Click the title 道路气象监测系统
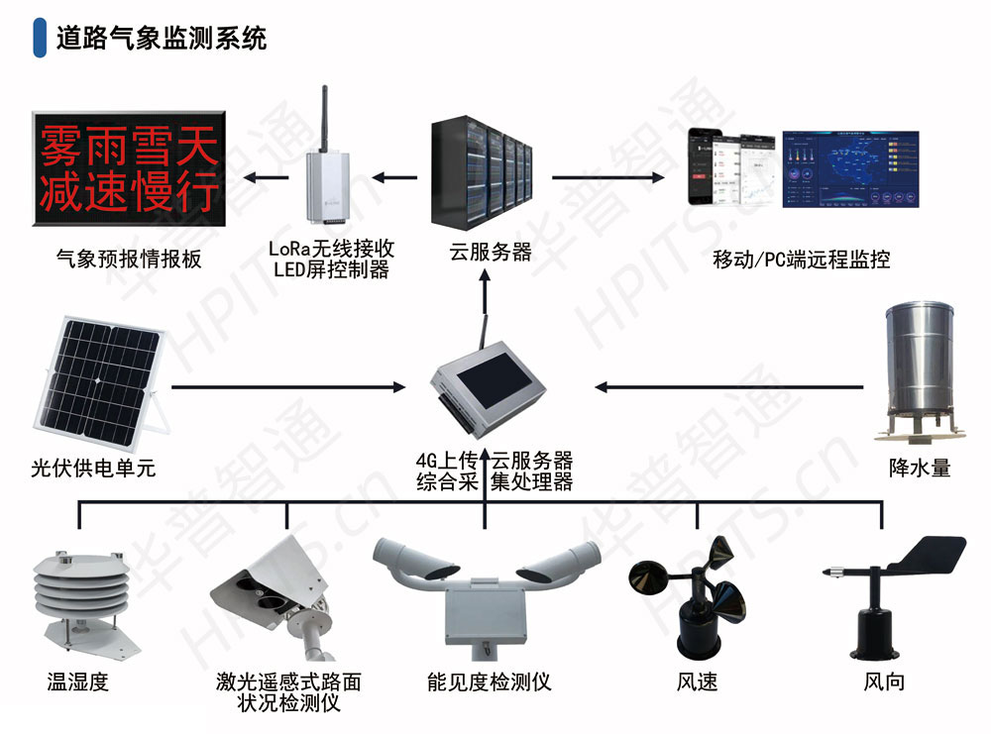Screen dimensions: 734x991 (162, 39)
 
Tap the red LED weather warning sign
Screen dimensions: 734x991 (127, 164)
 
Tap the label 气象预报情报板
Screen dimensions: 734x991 (129, 260)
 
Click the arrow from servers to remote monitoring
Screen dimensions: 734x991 (607, 177)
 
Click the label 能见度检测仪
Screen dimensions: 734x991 (489, 682)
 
